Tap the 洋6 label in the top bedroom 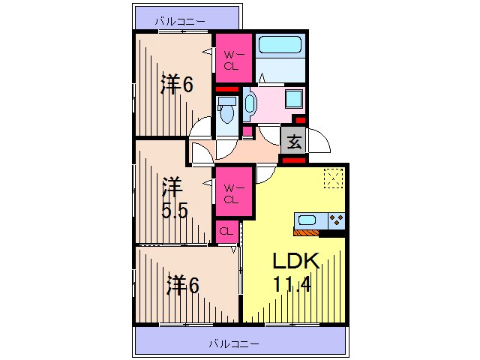(x=177, y=85)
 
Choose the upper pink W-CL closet (x=232, y=60)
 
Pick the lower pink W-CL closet (x=232, y=194)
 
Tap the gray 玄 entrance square (x=295, y=139)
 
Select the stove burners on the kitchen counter (x=336, y=220)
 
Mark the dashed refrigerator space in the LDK (x=332, y=178)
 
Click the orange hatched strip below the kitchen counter (x=307, y=232)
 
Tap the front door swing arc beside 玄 (x=318, y=142)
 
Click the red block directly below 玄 (x=294, y=159)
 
